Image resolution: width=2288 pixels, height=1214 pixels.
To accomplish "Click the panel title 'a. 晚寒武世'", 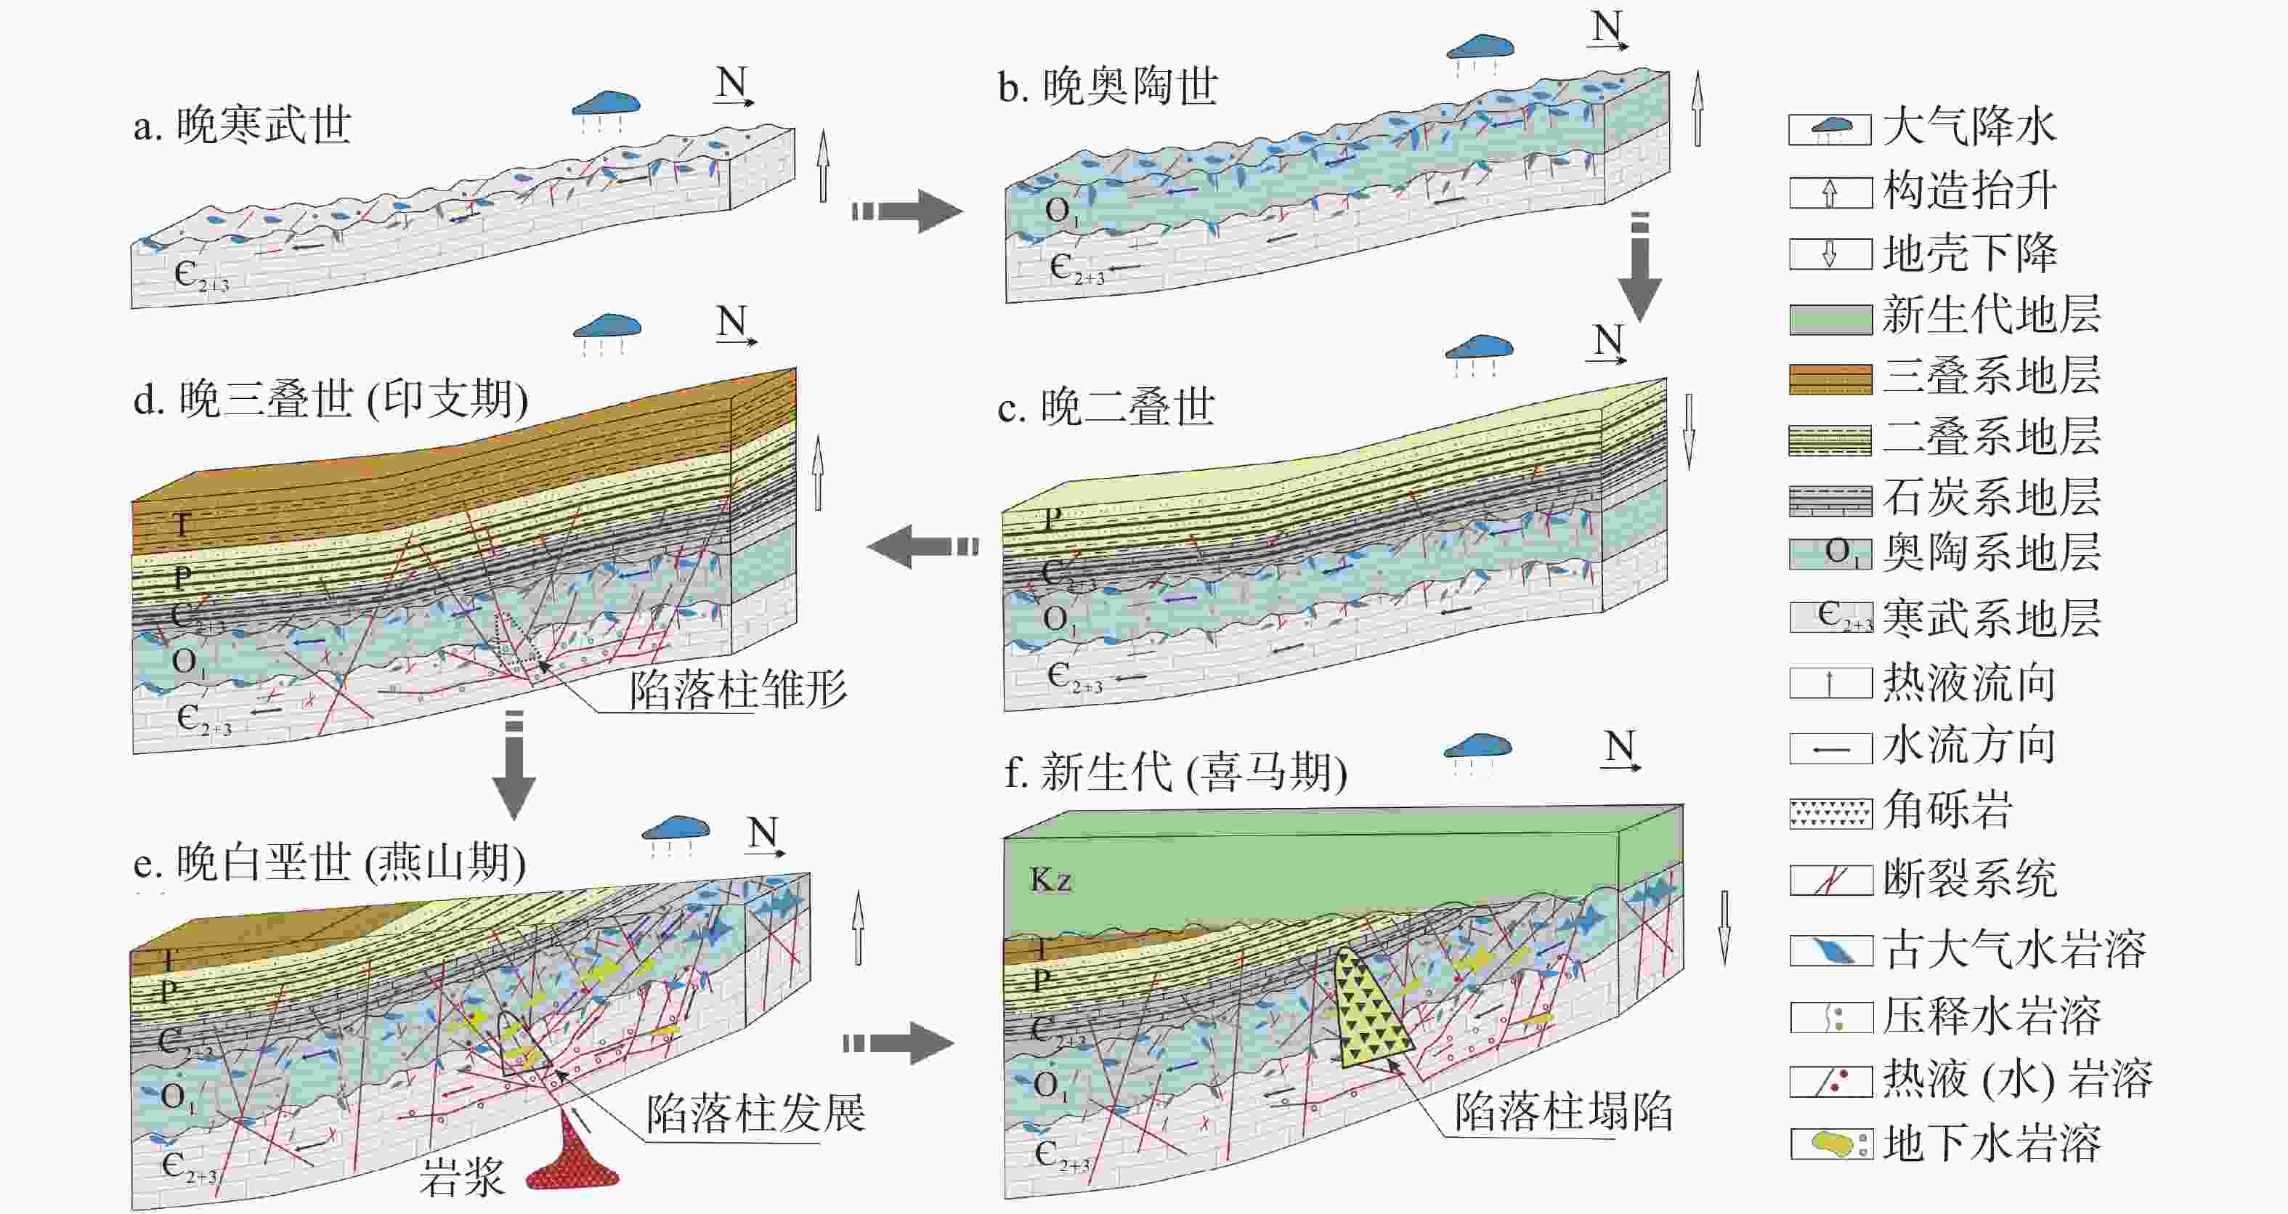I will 243,125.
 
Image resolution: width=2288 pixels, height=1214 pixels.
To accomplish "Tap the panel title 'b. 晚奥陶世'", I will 1108,87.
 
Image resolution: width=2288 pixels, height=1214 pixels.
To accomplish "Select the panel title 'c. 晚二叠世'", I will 1106,408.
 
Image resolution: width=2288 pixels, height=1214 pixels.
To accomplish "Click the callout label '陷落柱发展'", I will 755,1113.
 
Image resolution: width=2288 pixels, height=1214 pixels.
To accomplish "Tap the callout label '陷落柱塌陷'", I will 1563,1111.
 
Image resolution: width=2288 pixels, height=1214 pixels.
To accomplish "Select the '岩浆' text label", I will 462,1178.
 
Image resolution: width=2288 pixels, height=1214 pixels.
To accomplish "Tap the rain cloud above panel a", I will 607,105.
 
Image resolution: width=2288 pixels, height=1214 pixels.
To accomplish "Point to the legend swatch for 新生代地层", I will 1830,319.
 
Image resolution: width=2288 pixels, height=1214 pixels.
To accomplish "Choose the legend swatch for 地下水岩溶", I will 1830,1144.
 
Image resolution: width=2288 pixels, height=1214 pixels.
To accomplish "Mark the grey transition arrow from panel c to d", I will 923,546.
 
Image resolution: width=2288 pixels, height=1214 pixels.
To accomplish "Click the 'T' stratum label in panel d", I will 181,525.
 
